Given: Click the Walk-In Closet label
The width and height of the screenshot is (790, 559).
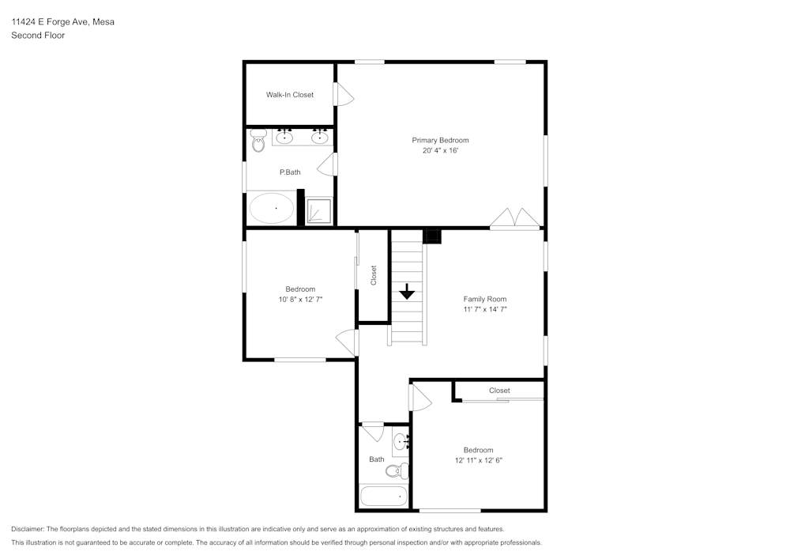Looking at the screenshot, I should (289, 95).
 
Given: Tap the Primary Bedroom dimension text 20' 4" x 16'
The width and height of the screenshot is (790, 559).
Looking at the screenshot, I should (440, 150).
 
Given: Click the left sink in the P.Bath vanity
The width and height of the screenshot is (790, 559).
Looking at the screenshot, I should (284, 138).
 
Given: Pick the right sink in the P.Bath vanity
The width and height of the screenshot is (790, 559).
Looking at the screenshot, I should (319, 138).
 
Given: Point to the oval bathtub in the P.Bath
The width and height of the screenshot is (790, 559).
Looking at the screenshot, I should (272, 209).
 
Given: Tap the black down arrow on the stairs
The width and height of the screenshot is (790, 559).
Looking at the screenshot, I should (407, 292).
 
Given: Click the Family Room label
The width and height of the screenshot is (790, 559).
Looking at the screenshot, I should (484, 299).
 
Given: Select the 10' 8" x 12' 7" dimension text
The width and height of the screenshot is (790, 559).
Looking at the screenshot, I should (300, 300).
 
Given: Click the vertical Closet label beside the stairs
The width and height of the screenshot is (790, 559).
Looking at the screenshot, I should (374, 275).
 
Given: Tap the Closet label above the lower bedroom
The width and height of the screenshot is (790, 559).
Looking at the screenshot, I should (499, 391).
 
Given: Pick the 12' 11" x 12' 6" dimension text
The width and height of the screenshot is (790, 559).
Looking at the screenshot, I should (478, 460).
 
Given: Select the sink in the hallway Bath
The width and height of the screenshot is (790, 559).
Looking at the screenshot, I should (400, 442).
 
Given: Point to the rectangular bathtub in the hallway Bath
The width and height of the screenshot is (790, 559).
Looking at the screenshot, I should (383, 497).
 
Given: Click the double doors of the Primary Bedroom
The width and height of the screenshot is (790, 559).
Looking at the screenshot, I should (515, 219).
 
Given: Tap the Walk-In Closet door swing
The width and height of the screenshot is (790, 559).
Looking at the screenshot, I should (344, 94).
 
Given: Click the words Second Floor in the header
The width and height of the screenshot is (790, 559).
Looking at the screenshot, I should (38, 36).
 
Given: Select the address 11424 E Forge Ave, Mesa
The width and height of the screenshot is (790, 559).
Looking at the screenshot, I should (62, 22).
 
